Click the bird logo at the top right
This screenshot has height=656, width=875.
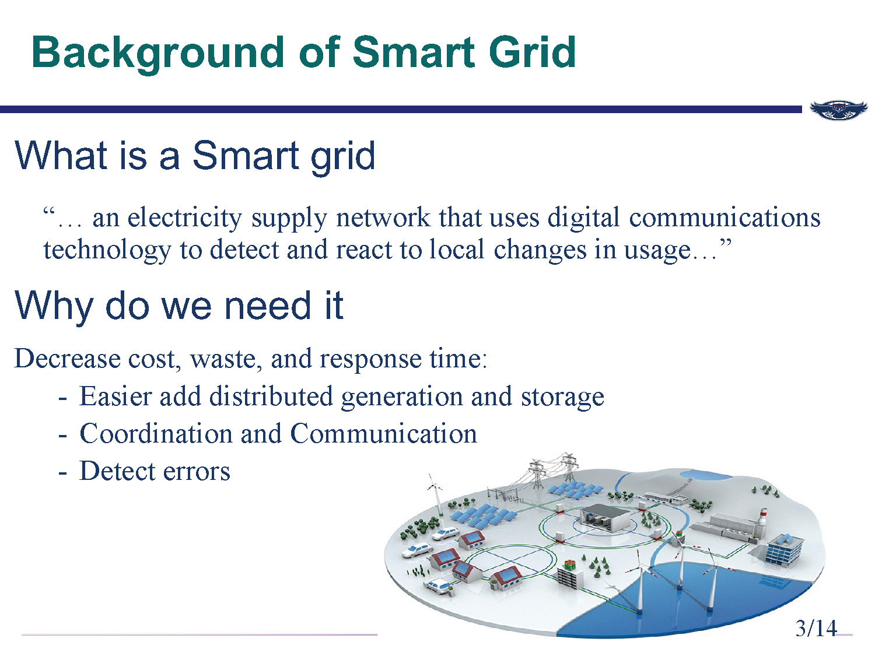(839, 110)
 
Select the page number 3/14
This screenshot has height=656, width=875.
(816, 628)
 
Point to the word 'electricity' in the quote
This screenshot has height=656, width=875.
(184, 218)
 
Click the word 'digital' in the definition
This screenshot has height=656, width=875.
(583, 218)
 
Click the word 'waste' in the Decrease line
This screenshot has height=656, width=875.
(222, 358)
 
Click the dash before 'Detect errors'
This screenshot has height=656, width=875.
(62, 471)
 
